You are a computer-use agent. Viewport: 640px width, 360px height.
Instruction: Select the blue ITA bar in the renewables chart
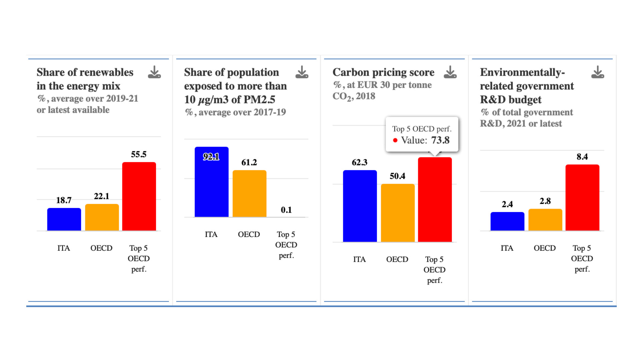pos(64,219)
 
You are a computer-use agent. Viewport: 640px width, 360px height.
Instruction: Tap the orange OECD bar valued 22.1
pos(102,217)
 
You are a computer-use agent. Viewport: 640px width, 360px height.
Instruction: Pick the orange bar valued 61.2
pos(249,193)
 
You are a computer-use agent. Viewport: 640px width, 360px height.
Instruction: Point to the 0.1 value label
pos(286,210)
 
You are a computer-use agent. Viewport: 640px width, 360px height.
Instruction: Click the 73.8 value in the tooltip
pos(440,140)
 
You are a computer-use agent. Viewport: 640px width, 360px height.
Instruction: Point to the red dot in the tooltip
pos(395,140)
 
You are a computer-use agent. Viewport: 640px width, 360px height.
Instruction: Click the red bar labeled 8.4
pos(582,197)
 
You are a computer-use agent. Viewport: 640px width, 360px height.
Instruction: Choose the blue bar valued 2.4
pos(507,221)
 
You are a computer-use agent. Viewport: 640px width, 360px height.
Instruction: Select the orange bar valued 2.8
pos(545,219)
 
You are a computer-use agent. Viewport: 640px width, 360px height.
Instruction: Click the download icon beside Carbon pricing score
pos(450,72)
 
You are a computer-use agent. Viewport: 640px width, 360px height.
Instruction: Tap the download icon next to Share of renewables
pos(154,72)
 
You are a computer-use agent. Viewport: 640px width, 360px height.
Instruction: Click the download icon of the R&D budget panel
pos(597,72)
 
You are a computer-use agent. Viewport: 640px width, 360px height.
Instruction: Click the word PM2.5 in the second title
pos(259,99)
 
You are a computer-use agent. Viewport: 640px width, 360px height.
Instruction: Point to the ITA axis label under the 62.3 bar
pos(359,259)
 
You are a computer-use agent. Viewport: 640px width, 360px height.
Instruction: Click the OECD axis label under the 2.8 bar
pos(544,248)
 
